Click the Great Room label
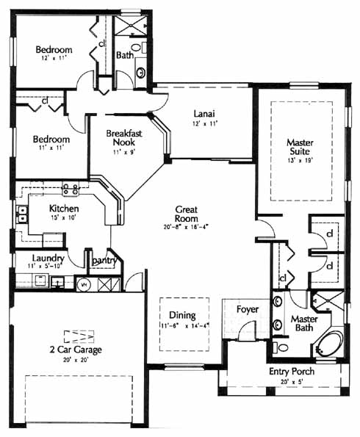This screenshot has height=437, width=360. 187,214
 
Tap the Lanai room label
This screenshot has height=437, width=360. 204,114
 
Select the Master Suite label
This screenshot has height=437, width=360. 300,147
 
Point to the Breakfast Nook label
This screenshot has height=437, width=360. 124,137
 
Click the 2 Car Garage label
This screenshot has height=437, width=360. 76,350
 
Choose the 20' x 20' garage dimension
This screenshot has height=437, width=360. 76,360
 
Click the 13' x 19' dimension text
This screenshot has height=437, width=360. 300,161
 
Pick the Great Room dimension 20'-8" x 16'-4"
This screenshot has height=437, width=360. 187,227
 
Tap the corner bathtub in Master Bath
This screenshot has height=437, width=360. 331,344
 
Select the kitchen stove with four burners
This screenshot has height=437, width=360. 71,189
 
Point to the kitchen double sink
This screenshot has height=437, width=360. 22,214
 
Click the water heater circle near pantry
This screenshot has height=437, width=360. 83,284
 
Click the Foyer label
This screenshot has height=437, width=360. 248,309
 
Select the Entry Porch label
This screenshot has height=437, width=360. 292,372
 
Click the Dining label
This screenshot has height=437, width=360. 183,315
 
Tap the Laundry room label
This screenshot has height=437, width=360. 48,259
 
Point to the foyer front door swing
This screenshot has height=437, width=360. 247,331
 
